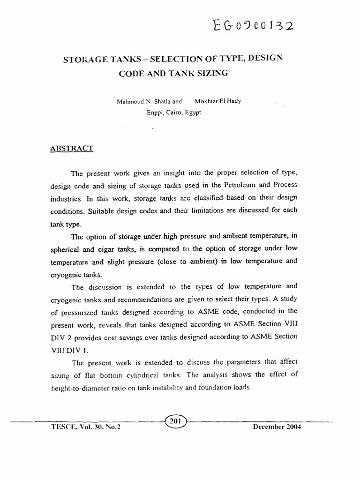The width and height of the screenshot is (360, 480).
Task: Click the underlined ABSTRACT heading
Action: pyautogui.click(x=72, y=148)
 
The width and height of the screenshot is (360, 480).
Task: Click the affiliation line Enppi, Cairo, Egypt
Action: pyautogui.click(x=174, y=113)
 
